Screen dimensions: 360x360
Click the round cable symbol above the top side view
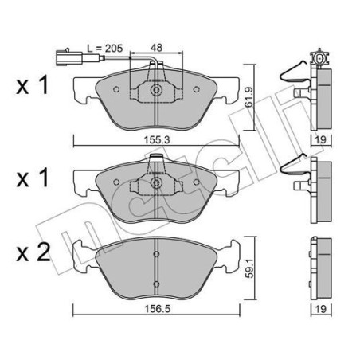click(322, 58)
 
